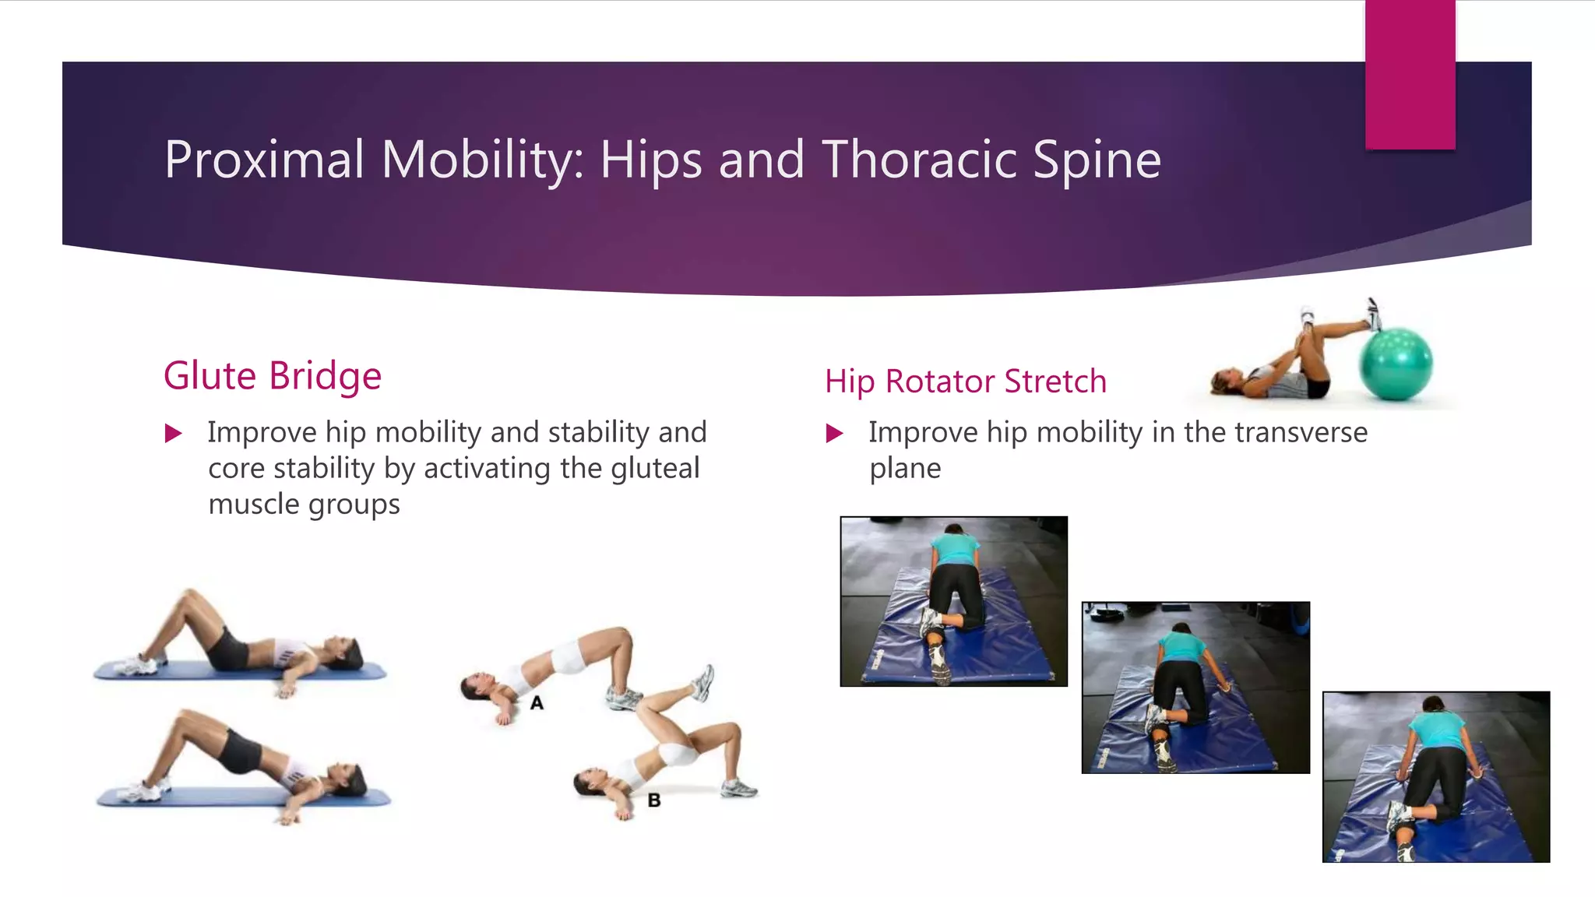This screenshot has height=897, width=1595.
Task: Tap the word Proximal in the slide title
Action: coord(264,160)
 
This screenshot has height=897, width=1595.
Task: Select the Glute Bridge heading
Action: coord(273,376)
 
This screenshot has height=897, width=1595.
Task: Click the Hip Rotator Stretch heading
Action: coord(965,382)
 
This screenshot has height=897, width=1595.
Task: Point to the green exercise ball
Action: coord(1396,364)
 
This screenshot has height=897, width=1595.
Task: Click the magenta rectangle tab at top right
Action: coord(1410,75)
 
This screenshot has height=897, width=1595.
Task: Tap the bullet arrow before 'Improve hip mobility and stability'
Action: coord(174,434)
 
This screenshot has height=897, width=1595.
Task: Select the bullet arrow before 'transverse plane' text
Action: coord(834,434)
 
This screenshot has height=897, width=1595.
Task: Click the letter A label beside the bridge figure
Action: coord(537,703)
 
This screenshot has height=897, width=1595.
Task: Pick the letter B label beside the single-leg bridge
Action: coord(654,800)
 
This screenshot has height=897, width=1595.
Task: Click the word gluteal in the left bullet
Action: coord(655,469)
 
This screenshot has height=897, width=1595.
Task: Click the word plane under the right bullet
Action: coord(905,469)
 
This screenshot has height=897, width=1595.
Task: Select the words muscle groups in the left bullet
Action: coord(304,505)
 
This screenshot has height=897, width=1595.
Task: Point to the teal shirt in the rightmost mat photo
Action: coord(1437,730)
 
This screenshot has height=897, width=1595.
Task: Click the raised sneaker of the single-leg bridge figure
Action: coord(702,681)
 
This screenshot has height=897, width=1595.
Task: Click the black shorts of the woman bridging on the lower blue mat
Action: coord(241,750)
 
